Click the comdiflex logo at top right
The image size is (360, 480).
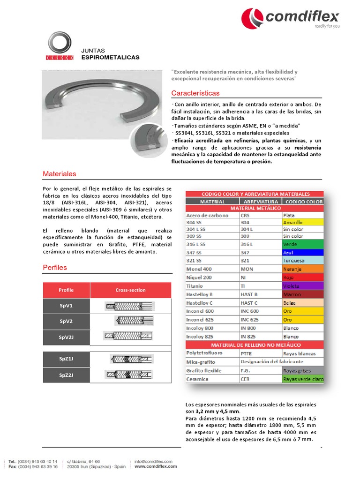click(x=290, y=18)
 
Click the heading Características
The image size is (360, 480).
click(x=195, y=93)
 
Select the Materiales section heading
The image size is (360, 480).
click(x=59, y=173)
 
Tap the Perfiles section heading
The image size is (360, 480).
click(x=55, y=267)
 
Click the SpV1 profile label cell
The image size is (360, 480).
click(x=66, y=306)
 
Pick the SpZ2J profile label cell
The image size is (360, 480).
click(x=66, y=375)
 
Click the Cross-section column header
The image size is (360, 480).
click(x=130, y=290)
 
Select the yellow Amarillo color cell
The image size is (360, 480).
click(x=302, y=222)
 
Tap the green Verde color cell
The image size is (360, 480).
click(x=302, y=244)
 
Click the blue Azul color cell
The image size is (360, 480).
click(x=302, y=252)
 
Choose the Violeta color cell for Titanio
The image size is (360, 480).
click(x=302, y=286)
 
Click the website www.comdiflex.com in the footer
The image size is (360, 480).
click(x=156, y=466)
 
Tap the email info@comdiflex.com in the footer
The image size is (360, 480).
click(x=154, y=461)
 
